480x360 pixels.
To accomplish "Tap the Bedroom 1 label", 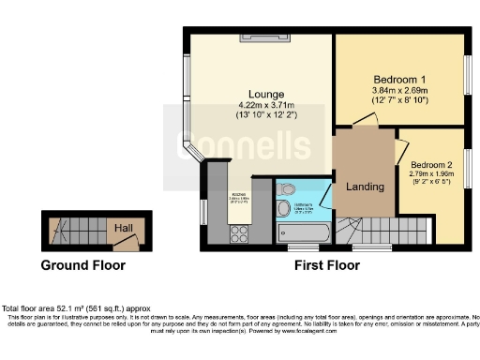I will pos(400,78).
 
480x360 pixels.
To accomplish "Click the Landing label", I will pos(366,186).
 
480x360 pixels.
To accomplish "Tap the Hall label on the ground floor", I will pos(122,228).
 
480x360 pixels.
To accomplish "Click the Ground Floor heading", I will pos(82,265).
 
